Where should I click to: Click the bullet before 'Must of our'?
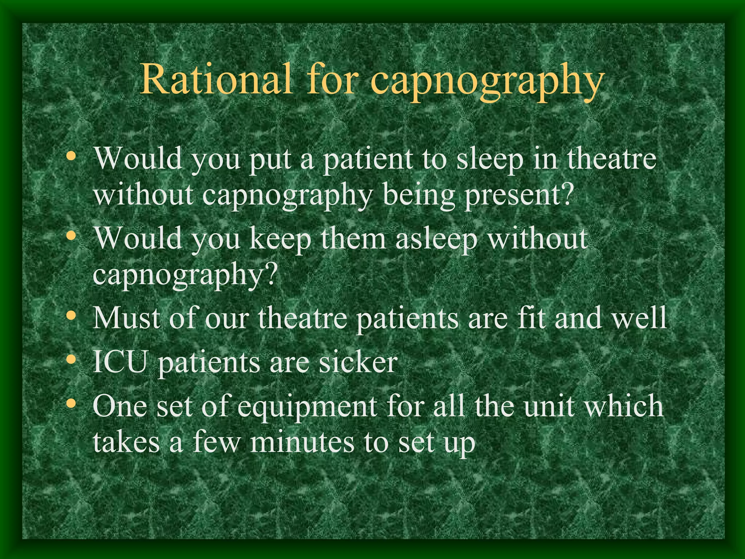(x=72, y=316)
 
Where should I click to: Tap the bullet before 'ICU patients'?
(x=72, y=360)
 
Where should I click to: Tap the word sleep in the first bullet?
(x=490, y=160)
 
